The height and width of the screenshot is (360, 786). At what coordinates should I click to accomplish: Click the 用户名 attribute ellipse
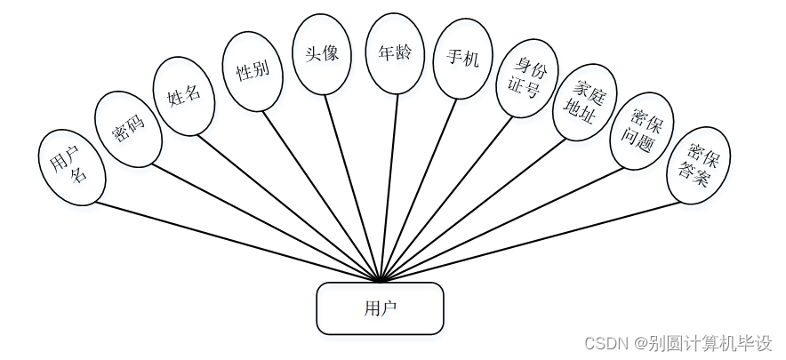72,167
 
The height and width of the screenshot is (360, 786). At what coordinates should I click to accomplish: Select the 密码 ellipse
129,129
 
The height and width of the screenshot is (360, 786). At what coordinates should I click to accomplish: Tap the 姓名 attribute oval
184,96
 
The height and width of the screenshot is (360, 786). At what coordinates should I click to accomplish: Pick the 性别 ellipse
253,72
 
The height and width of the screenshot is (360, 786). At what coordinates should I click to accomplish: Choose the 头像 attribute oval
322,53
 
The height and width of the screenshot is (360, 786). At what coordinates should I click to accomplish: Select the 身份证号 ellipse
525,78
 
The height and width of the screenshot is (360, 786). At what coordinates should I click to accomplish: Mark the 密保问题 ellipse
641,130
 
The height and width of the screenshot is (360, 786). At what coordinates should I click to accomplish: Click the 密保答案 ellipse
698,164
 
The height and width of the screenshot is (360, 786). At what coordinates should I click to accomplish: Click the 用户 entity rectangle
380,308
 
